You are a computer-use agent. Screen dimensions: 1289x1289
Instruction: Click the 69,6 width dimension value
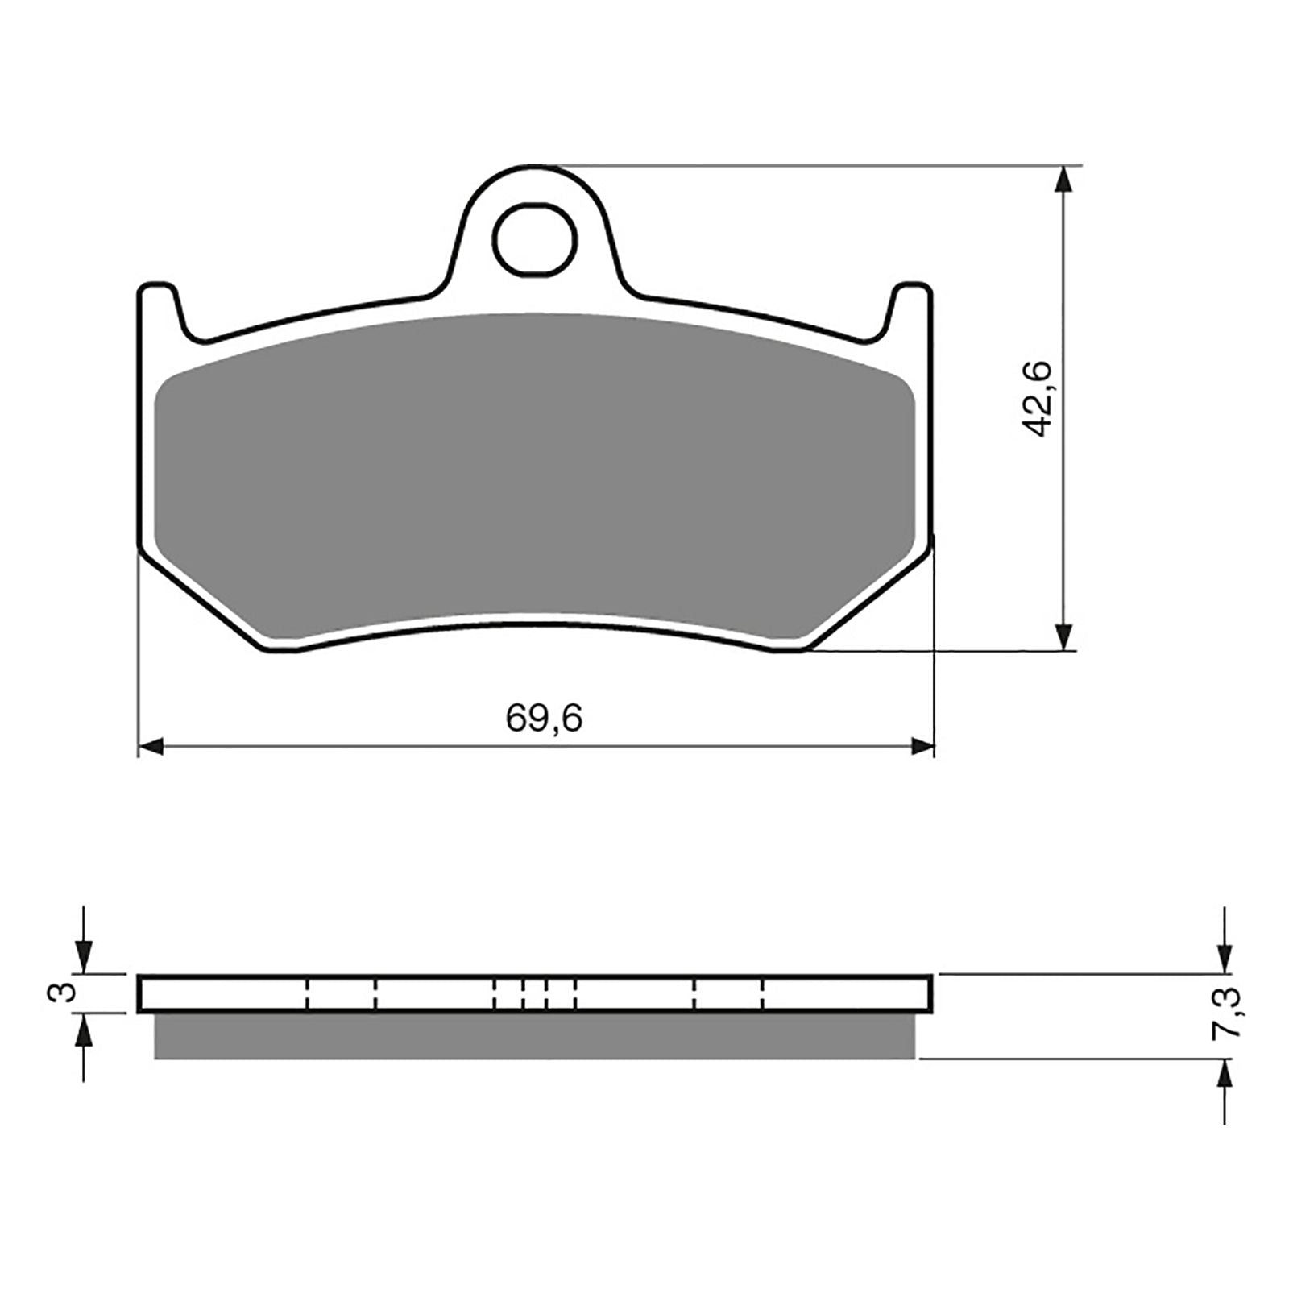click(x=544, y=717)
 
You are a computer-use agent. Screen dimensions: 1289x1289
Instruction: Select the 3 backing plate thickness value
click(x=68, y=992)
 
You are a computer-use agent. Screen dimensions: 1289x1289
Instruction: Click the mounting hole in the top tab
click(x=535, y=238)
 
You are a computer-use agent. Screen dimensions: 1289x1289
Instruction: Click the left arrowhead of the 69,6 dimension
click(x=151, y=746)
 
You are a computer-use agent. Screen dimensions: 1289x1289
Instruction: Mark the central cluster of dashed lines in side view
click(x=534, y=993)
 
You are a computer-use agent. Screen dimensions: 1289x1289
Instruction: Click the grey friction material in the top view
click(x=534, y=467)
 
